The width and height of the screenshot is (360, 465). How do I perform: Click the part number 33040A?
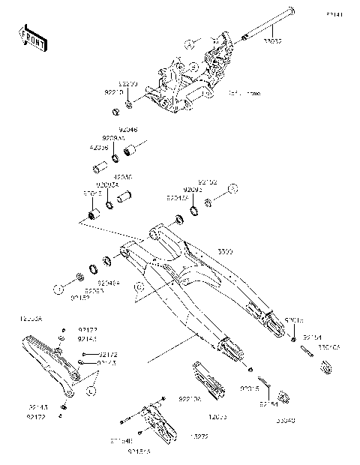329,347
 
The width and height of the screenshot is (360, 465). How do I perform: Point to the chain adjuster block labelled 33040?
283,397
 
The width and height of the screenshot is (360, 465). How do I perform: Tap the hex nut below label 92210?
116,112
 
